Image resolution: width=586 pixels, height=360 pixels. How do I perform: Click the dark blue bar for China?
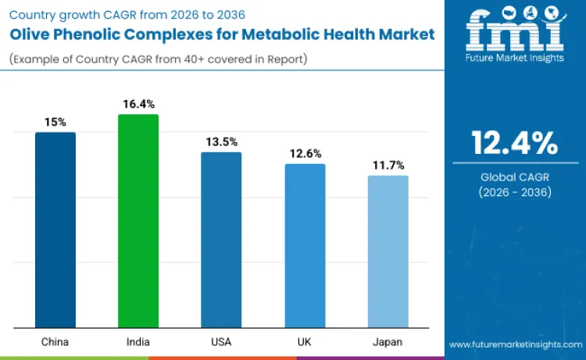coord(55,230)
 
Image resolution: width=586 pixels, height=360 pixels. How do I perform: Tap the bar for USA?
coord(221,240)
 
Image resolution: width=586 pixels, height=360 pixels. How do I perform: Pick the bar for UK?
coord(305,245)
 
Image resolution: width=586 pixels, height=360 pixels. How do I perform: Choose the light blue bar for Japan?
coord(388,251)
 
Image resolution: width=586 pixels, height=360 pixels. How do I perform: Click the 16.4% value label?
coord(138,104)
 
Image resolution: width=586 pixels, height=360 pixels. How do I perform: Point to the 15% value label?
coord(55,122)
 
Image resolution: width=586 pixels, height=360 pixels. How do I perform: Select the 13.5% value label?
coord(221,141)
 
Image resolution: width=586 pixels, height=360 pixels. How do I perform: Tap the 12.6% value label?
coord(305,153)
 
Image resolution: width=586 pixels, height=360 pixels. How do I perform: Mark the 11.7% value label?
coord(388,165)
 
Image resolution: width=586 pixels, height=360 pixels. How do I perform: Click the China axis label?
coord(55,341)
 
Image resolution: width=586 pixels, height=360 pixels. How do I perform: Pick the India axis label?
coord(138,341)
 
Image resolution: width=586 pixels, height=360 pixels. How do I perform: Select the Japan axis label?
coord(388,341)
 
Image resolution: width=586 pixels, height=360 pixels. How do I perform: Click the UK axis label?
coord(305,341)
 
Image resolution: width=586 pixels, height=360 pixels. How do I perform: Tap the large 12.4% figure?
coord(514,143)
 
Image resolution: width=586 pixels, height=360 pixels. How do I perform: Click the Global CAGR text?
coord(514,177)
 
